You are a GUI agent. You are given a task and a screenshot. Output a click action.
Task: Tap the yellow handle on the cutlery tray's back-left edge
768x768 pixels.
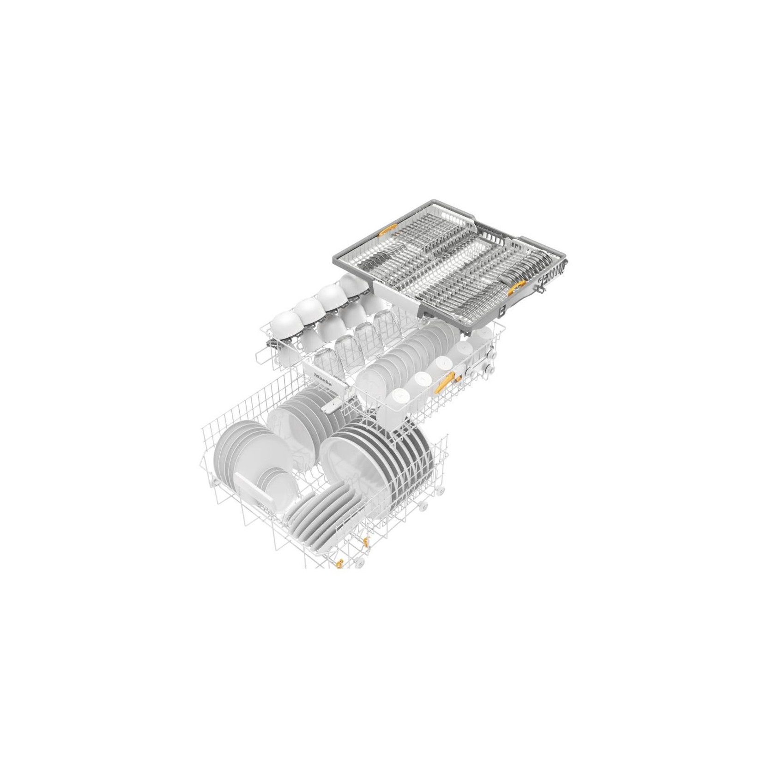(387, 231)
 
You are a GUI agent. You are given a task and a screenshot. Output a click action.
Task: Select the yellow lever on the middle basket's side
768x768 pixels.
(447, 368)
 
